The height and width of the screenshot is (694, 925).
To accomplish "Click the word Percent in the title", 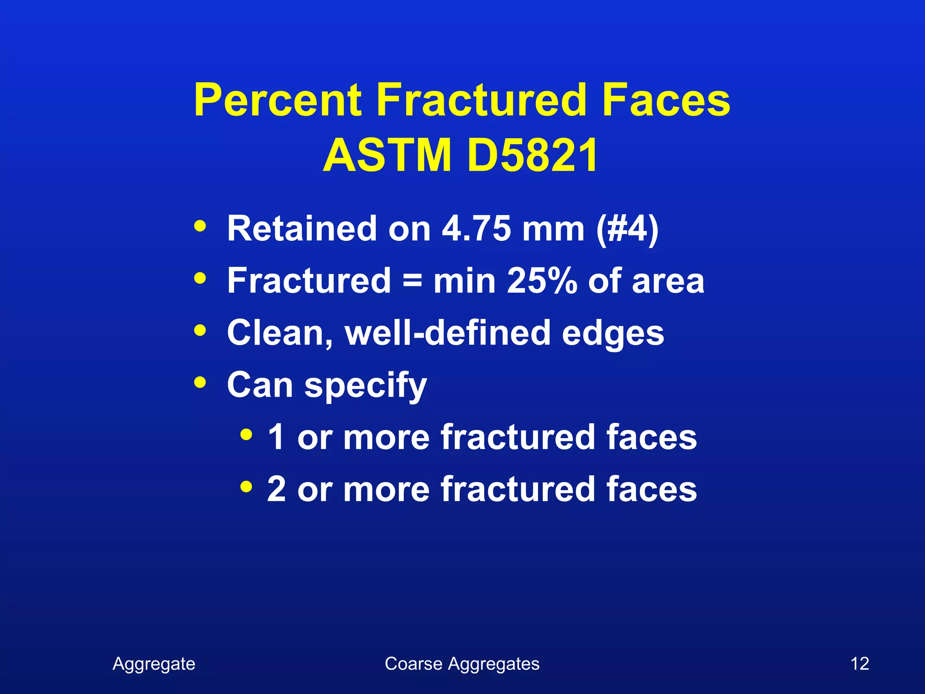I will (x=278, y=100).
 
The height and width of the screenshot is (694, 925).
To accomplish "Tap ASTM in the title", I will (x=387, y=156).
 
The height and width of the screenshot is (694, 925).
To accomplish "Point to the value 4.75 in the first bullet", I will (x=476, y=229).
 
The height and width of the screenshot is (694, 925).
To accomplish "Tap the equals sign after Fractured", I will (x=412, y=281).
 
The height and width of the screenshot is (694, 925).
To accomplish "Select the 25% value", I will (x=542, y=281).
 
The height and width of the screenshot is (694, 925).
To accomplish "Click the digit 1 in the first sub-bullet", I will (x=276, y=437).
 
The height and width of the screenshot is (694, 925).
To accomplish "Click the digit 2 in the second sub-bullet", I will (x=276, y=489).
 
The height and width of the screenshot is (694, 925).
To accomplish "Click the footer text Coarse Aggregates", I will (x=462, y=664).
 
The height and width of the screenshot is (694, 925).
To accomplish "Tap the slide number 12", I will (x=860, y=664).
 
